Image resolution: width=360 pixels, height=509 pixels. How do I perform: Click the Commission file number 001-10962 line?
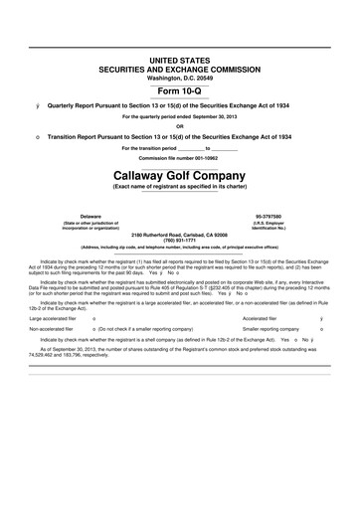(x=180, y=158)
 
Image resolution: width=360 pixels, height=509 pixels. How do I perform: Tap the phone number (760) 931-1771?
(x=180, y=239)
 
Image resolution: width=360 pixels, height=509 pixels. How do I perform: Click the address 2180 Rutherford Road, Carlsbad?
(x=180, y=232)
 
